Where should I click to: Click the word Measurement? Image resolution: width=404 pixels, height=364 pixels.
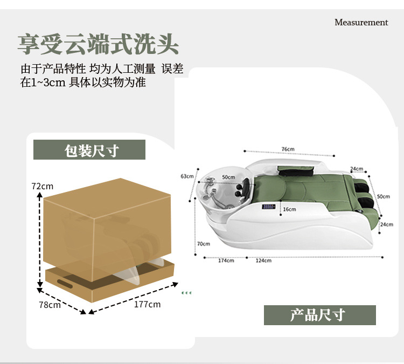click(361, 22)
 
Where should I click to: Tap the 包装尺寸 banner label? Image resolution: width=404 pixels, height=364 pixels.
click(89, 149)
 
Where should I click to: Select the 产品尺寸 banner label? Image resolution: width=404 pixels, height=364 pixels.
click(320, 315)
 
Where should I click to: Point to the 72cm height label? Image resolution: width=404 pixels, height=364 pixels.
click(42, 186)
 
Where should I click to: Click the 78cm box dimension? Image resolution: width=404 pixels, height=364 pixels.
click(50, 305)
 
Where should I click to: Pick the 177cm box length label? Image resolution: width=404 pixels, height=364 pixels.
click(147, 304)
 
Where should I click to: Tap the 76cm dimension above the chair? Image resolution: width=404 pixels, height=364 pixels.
click(288, 149)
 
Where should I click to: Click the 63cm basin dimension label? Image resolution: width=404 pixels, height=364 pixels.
click(187, 176)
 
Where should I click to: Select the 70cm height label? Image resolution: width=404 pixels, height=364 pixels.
click(204, 244)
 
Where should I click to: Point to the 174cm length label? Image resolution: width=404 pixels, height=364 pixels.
click(226, 260)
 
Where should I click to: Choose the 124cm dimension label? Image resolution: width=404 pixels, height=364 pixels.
click(263, 260)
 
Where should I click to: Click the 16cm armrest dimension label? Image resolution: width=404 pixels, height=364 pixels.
click(290, 209)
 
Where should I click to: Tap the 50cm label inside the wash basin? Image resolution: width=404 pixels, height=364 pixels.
click(228, 177)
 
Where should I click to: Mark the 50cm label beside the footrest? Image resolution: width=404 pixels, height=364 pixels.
click(384, 196)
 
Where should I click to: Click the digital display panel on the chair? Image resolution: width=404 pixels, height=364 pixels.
click(268, 207)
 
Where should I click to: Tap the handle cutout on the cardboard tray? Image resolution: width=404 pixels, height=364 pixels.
click(65, 284)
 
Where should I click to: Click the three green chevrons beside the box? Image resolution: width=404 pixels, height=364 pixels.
click(186, 293)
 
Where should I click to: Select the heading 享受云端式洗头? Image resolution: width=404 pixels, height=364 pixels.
click(98, 44)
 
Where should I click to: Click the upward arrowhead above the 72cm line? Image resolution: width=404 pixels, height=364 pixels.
click(39, 195)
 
